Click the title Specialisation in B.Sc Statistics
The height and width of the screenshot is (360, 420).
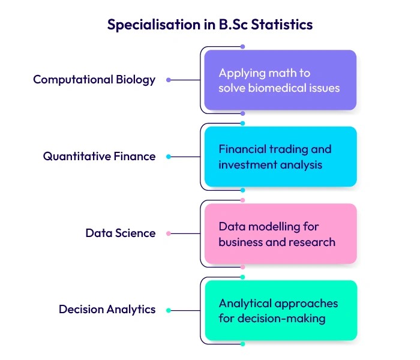[209, 25]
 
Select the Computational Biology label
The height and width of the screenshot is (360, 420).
[94, 80]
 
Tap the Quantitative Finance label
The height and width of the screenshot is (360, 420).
[99, 157]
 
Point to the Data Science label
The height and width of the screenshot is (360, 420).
[120, 233]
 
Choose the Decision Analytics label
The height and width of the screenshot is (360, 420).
[107, 310]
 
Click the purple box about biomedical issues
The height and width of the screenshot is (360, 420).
[280, 80]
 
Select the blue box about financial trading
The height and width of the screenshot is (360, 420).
[280, 157]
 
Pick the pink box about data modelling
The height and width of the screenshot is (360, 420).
[280, 234]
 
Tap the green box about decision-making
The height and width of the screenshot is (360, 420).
[280, 310]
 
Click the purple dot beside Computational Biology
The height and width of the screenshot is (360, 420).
[169, 80]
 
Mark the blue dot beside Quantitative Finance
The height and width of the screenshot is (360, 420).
[169, 157]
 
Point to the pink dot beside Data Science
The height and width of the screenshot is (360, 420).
[169, 233]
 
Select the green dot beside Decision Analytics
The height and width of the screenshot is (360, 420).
[169, 310]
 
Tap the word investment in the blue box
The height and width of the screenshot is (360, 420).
[245, 164]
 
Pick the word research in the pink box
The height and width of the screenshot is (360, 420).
[313, 242]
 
